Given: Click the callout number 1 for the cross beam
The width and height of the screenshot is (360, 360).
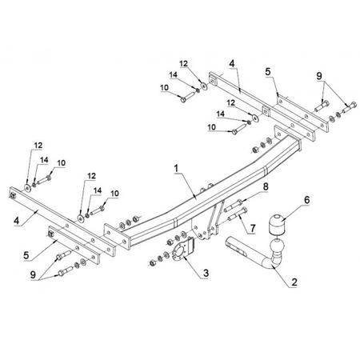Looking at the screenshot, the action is point(176,169).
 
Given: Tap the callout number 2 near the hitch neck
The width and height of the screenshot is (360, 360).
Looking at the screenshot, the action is point(294,282).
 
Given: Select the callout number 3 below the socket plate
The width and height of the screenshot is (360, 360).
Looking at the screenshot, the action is point(206,273).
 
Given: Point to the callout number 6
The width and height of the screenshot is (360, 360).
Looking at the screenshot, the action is point(307,200).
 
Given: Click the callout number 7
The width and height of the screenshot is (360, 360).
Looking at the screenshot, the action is point(253,228).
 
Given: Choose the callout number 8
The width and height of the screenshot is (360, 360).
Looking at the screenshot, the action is point(266,186).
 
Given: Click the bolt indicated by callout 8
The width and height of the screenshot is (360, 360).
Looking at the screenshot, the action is point(234,206).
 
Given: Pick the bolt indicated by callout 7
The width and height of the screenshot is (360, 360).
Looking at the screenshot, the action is point(238,214).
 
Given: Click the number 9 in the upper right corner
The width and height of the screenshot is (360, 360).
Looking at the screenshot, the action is point(319,76).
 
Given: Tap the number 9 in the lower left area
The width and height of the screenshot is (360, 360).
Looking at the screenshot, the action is point(33,275).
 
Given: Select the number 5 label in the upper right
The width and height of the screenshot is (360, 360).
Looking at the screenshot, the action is point(268,71).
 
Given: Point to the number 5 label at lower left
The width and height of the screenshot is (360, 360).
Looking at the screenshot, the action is point(26,255).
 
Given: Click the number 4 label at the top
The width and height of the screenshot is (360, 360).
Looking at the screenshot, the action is point(232,64).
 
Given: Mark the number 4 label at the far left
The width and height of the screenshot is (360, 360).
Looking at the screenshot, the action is point(17,221).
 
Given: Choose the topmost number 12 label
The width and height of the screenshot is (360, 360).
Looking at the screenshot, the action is point(183,64).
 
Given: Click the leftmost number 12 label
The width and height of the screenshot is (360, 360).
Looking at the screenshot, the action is point(38,146).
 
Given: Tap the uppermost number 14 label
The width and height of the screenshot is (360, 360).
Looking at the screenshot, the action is point(174,75).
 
